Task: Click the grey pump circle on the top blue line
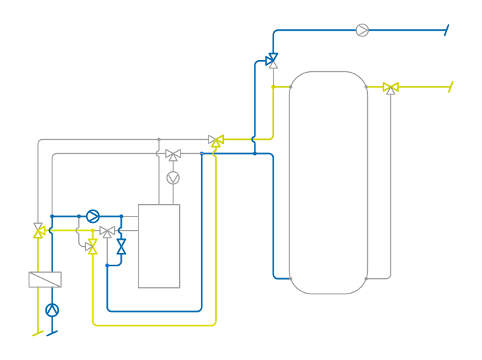pos(362,30)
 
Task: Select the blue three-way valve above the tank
pos(272,60)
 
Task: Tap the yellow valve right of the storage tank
pos(391,87)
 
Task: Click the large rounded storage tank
pos(328,182)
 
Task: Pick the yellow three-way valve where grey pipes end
pos(216,141)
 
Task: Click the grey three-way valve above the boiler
pos(173,154)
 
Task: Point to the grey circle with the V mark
pos(173,178)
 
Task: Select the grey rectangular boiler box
pos(159,246)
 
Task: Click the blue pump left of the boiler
pos(93,216)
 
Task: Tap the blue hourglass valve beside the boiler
pos(121,246)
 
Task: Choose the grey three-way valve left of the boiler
pos(107,231)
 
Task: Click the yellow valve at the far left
pos(38,230)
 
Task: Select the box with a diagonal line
pos(45,280)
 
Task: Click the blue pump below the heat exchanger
pos(52,310)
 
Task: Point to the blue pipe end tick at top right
pos(446,30)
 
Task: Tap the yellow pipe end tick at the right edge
pos(451,87)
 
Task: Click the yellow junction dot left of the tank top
pos(273,87)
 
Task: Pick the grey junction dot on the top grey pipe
pos(159,140)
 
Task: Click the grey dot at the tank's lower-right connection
pos(366,279)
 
